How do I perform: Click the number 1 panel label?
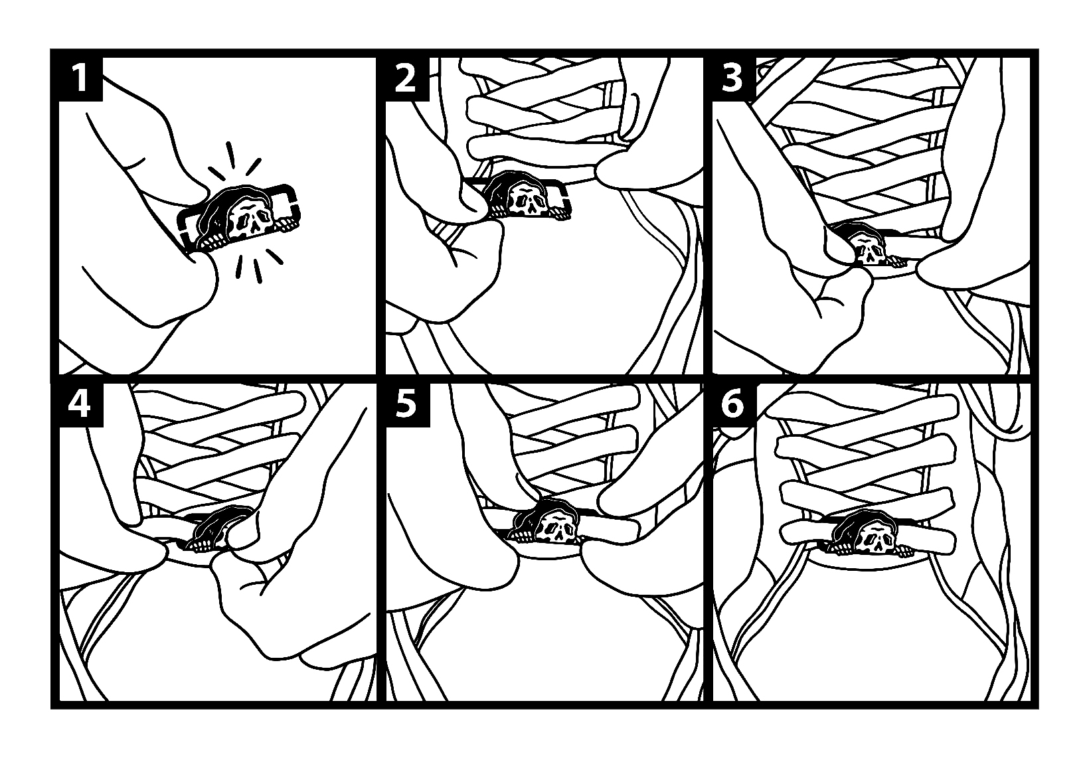point(80,79)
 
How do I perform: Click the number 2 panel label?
point(406,79)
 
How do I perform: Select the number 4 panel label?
point(80,405)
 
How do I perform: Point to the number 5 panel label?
point(406,405)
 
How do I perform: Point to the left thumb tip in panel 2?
point(475,204)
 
